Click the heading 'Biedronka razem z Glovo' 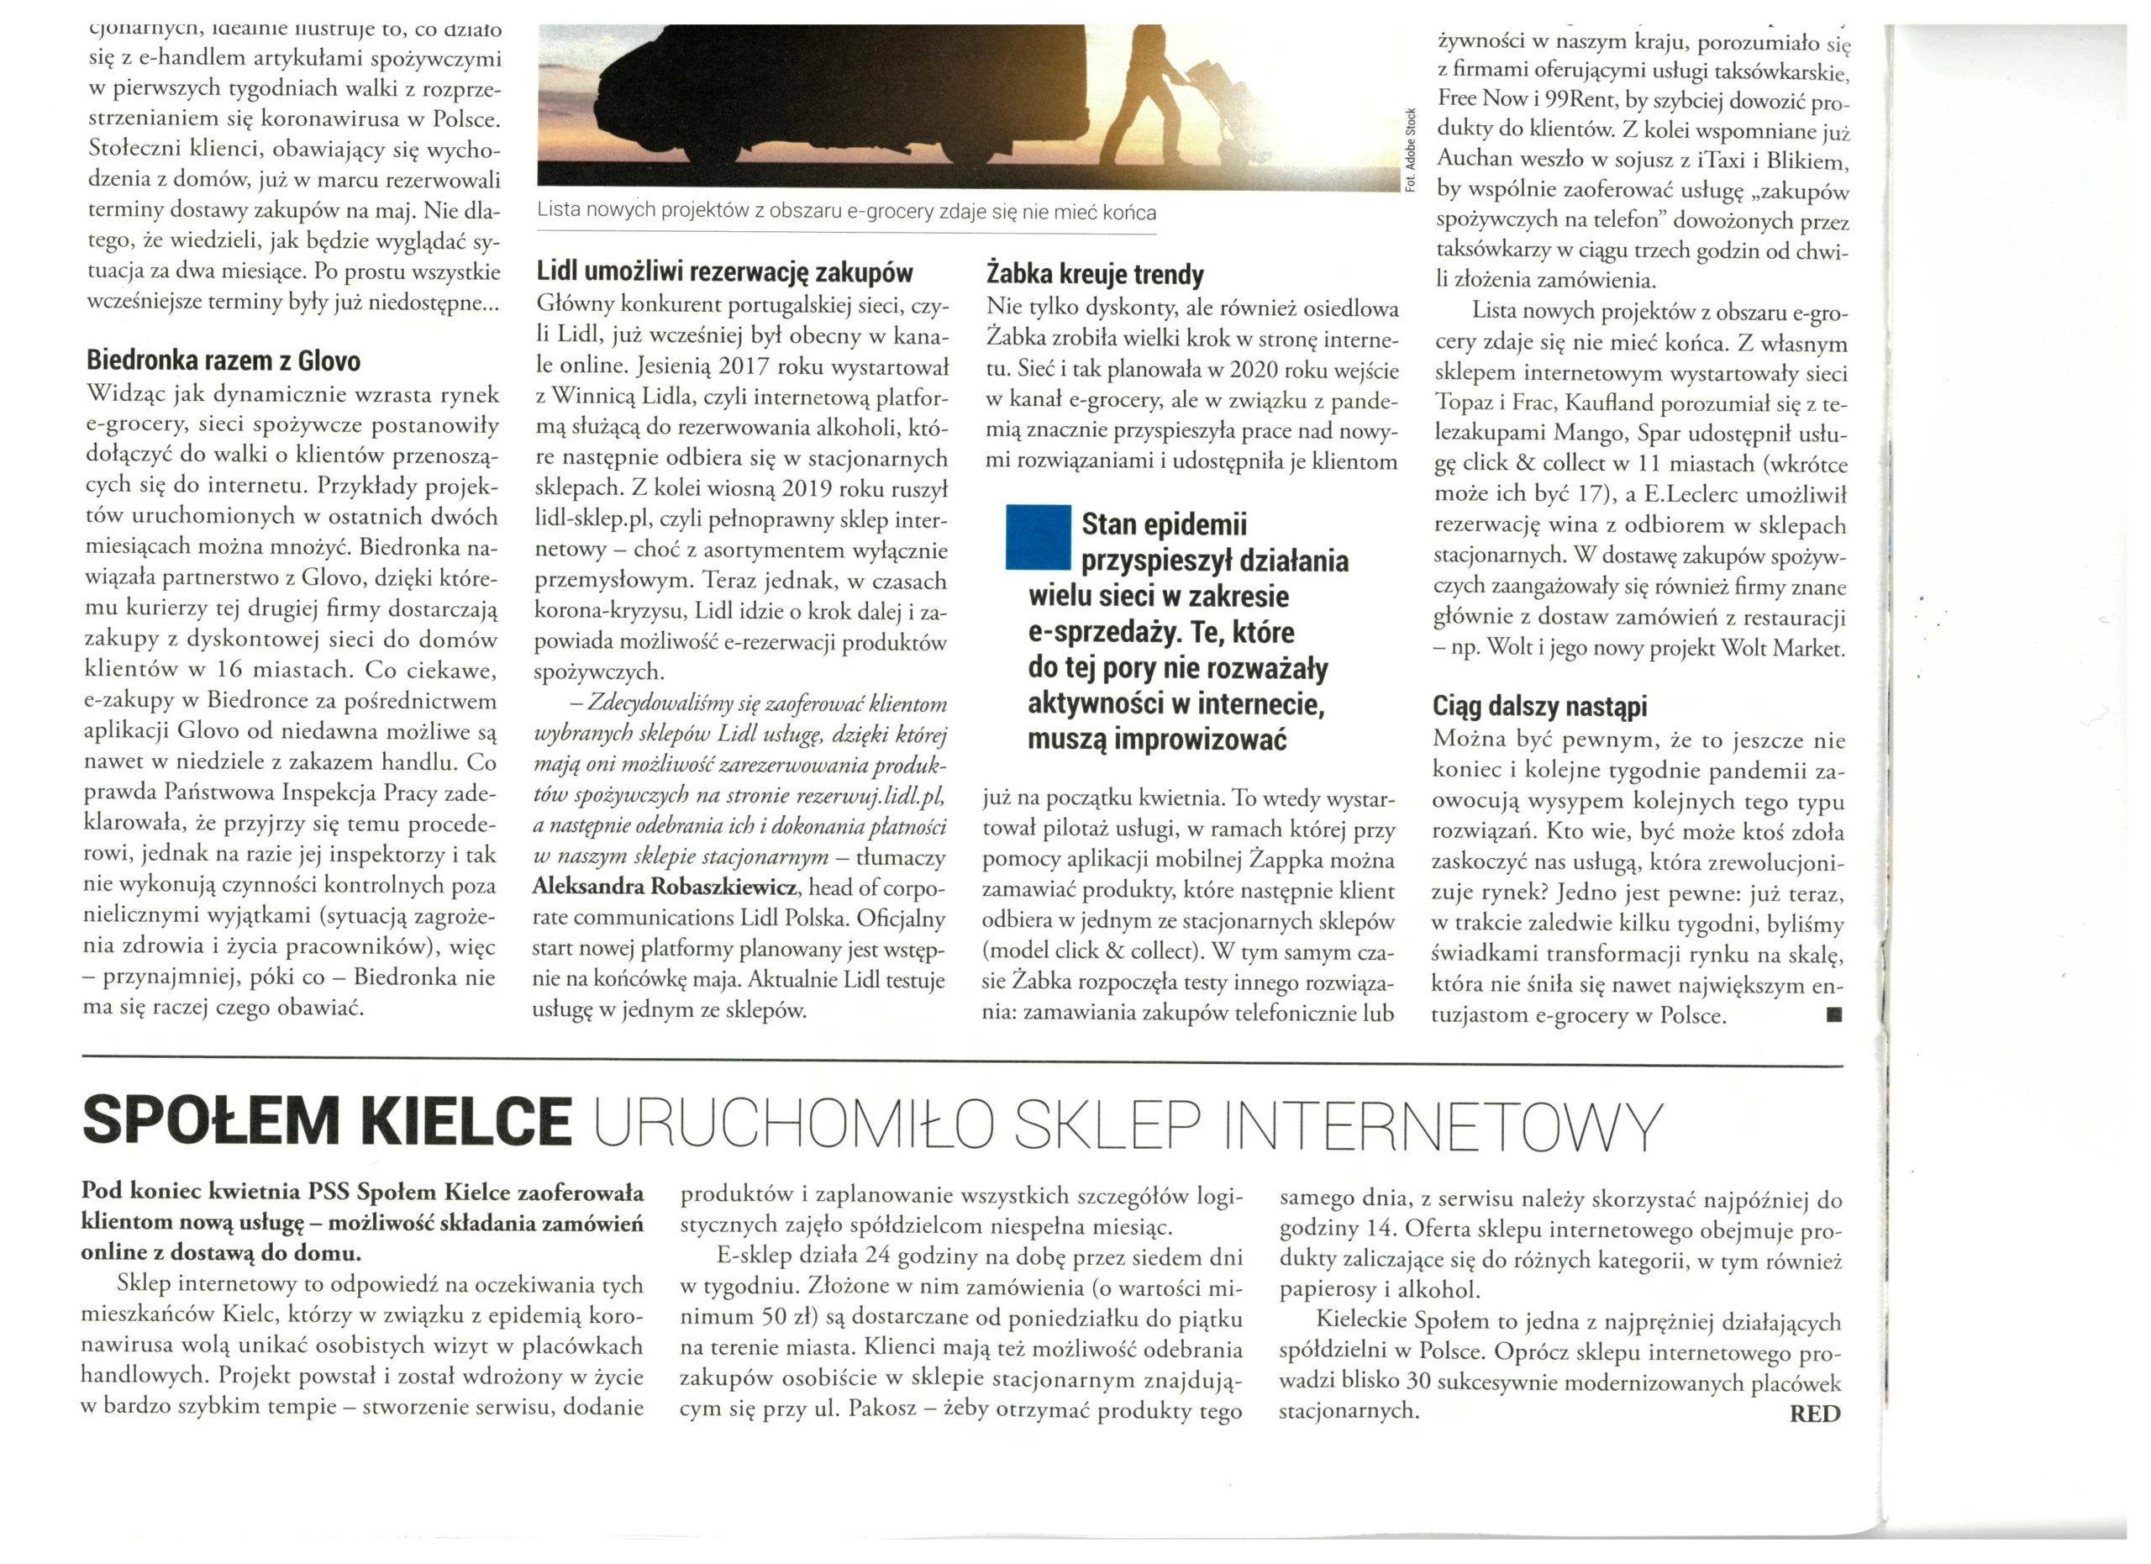(223, 361)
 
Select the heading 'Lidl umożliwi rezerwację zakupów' (723, 273)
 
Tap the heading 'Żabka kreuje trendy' (1095, 275)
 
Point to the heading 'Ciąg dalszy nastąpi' (1538, 706)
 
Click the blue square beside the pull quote (1038, 538)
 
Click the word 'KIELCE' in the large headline (466, 1121)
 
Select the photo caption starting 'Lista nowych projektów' (846, 212)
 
